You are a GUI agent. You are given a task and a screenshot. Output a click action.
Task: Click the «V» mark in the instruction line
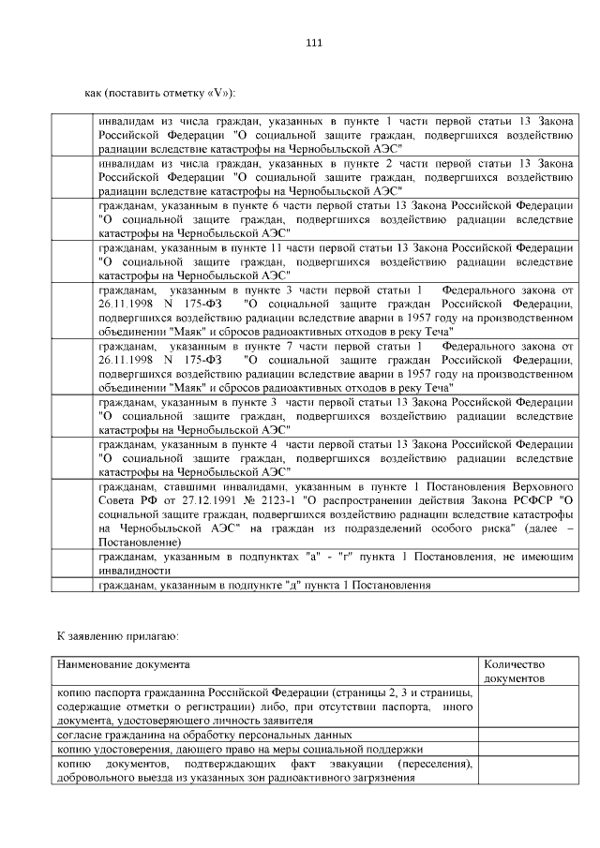coord(212,94)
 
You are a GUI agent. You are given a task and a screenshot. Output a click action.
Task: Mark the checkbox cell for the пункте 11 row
coord(74,261)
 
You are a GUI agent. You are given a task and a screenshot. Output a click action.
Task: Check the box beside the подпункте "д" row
coord(74,586)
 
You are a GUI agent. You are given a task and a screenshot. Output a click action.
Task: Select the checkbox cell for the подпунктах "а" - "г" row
coord(74,563)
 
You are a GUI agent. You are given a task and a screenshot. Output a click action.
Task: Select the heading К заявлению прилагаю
coord(117,636)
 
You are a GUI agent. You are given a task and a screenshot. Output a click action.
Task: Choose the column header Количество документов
coord(515,670)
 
